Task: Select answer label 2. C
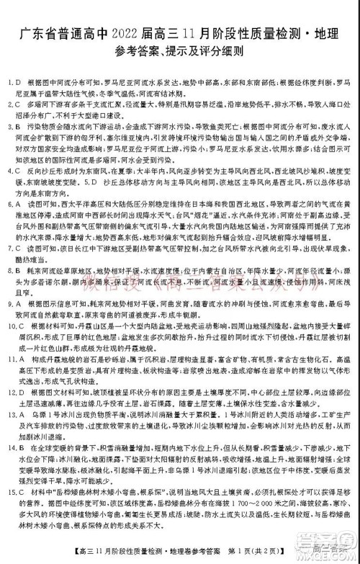click(x=14, y=104)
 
